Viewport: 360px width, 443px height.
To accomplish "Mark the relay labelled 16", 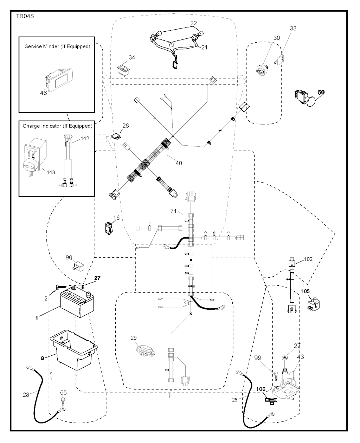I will click(109, 228).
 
